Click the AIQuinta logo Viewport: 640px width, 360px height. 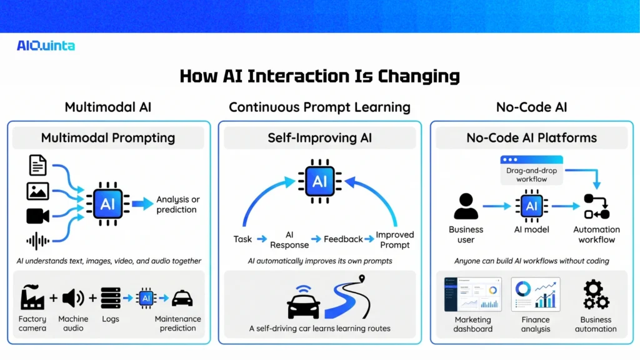(x=46, y=46)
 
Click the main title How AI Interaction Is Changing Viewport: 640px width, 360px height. (x=319, y=76)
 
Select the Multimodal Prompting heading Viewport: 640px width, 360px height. (x=108, y=138)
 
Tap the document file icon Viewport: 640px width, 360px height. (x=37, y=166)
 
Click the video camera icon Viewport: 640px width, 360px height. (x=37, y=216)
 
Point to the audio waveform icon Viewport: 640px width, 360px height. (x=37, y=241)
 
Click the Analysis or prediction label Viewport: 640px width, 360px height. (x=177, y=204)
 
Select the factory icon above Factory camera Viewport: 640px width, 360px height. (x=32, y=297)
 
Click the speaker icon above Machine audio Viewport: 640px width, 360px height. (x=73, y=298)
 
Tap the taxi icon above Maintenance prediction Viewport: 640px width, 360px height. (x=182, y=297)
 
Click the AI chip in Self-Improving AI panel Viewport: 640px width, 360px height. (x=319, y=182)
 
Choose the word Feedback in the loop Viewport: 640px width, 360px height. (x=343, y=239)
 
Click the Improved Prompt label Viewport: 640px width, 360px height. (x=394, y=240)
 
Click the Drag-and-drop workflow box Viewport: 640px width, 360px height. (x=531, y=170)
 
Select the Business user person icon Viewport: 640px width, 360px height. (x=466, y=206)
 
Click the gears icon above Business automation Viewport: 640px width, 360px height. (x=596, y=295)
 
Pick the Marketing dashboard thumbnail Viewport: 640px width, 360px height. (x=473, y=294)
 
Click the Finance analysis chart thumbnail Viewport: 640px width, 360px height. (x=536, y=294)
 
